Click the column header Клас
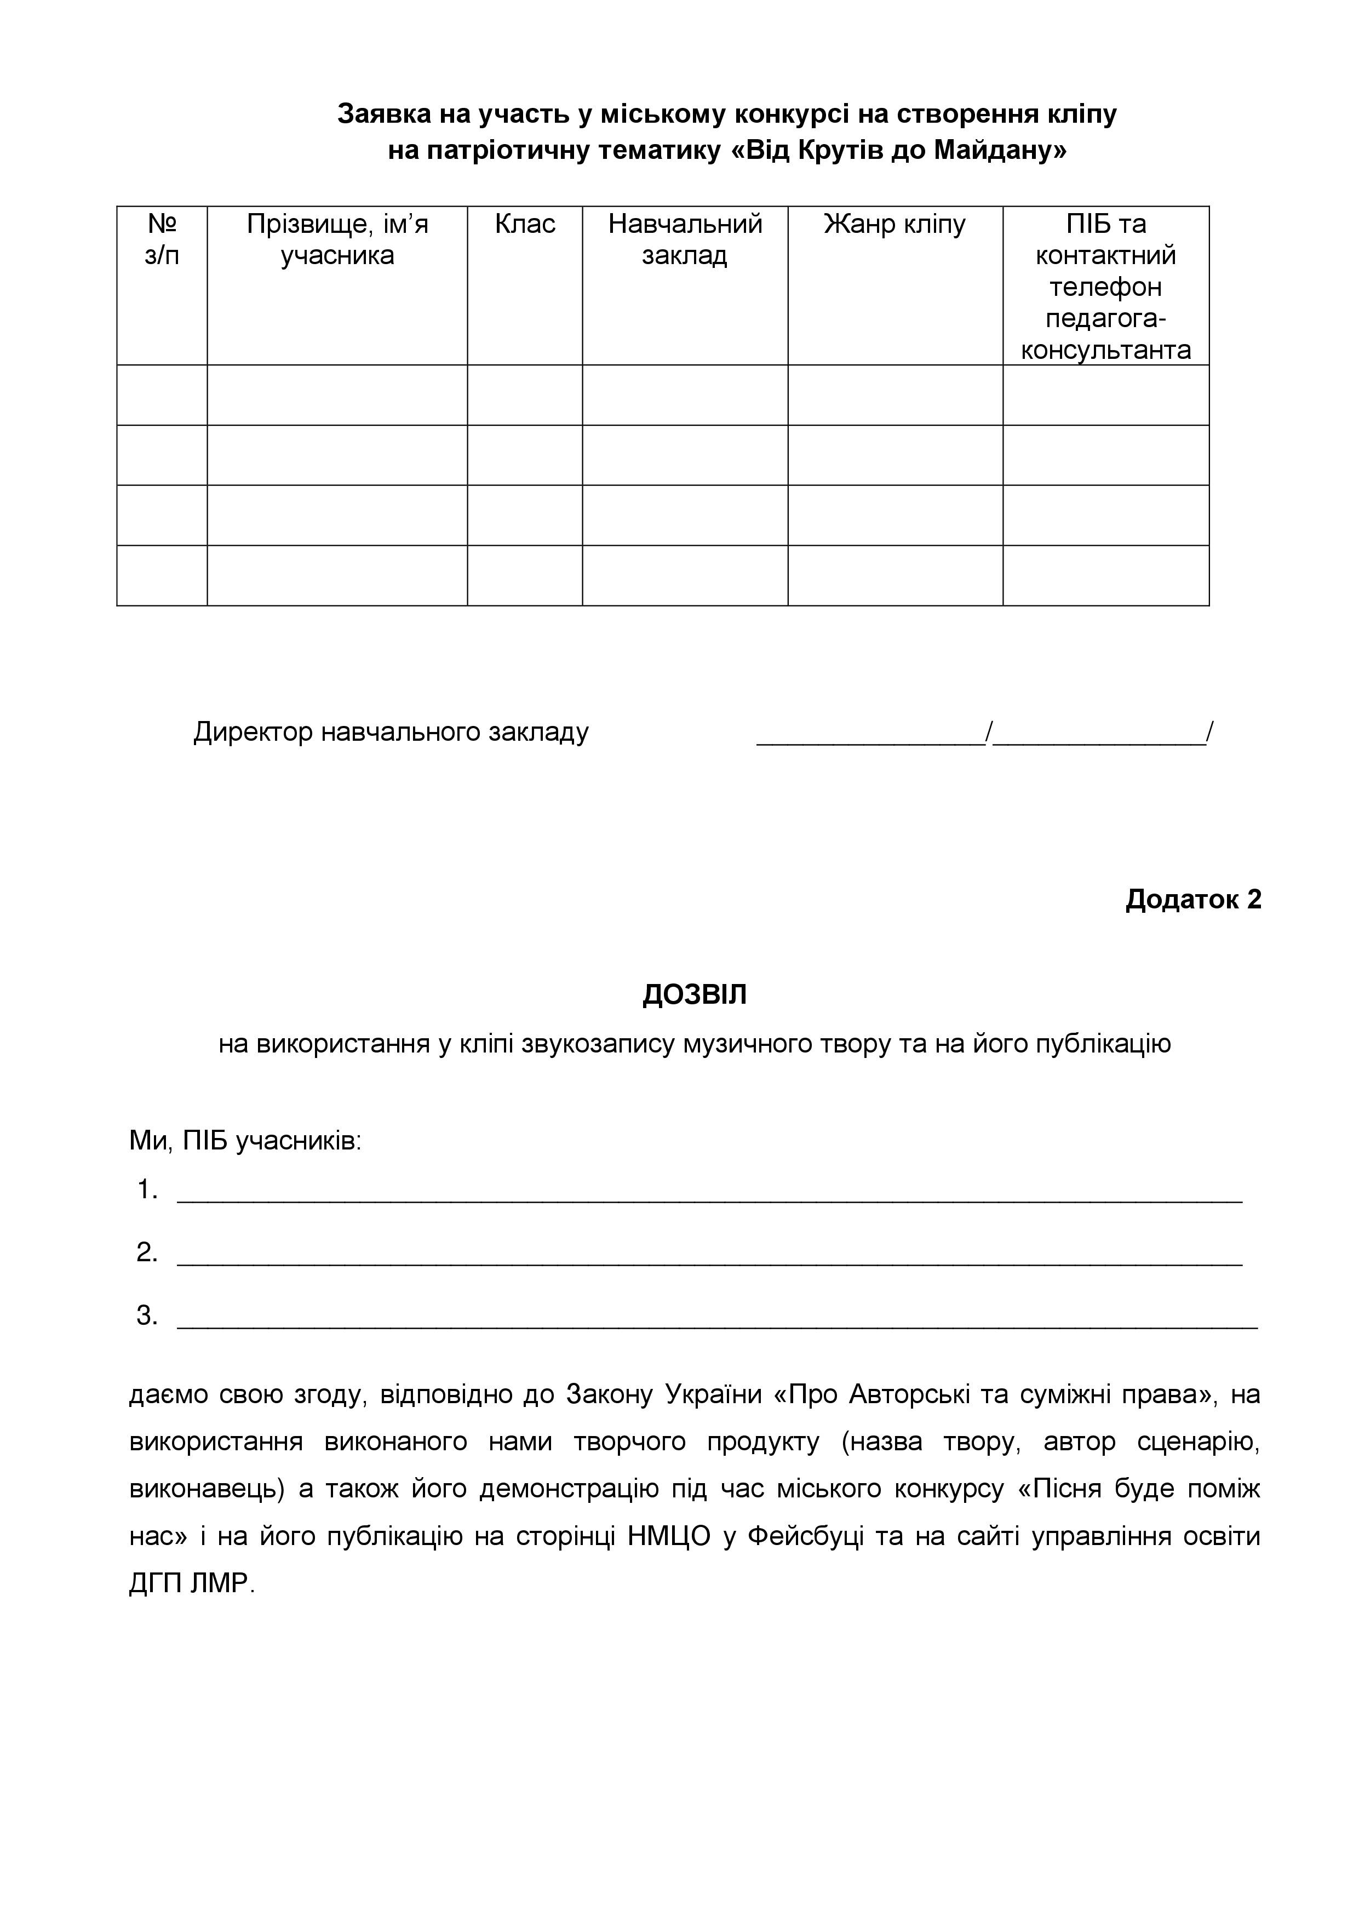click(525, 224)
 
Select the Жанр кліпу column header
click(894, 224)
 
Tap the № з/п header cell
click(162, 239)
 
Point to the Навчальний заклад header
click(685, 239)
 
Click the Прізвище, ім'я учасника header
click(337, 239)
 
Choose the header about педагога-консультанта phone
click(1105, 287)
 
